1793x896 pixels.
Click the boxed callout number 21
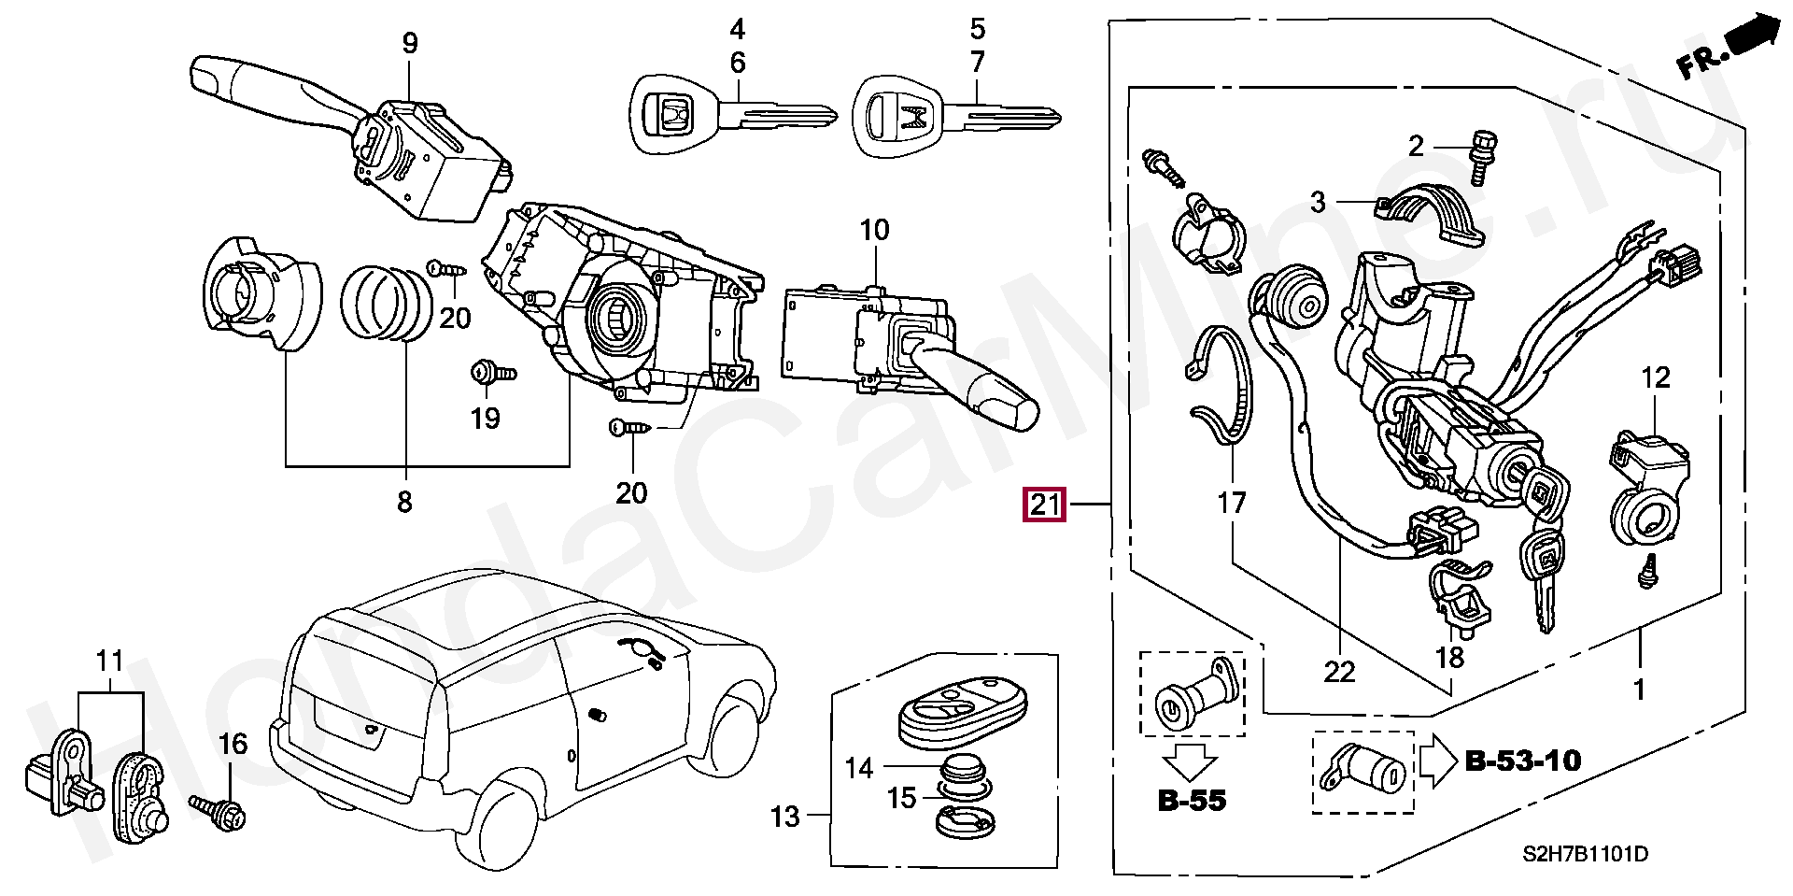click(x=1044, y=505)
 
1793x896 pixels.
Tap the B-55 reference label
click(x=1192, y=800)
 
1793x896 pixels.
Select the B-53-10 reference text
click(x=1522, y=761)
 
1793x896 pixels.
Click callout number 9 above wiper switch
click(x=410, y=43)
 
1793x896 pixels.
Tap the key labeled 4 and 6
click(x=731, y=117)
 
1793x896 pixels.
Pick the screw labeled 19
click(x=492, y=373)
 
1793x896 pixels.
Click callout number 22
click(x=1339, y=672)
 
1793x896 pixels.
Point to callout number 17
click(x=1232, y=504)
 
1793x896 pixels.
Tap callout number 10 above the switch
click(x=875, y=230)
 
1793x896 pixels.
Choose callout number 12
click(x=1656, y=377)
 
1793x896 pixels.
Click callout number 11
click(x=110, y=661)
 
